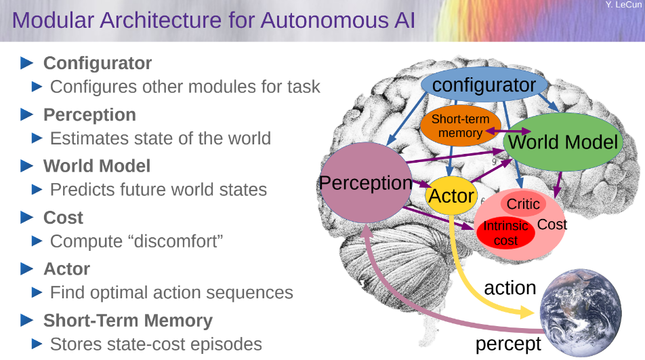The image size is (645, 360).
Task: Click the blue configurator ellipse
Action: point(484,84)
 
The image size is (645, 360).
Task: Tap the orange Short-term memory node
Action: point(460,126)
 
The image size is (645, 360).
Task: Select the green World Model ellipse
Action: point(563,142)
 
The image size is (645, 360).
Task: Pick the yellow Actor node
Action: point(451,195)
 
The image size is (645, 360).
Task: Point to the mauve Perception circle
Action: point(366,182)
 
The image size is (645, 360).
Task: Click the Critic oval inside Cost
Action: point(523,203)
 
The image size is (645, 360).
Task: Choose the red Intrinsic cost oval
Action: point(505,233)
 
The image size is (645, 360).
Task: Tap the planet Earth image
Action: point(581,313)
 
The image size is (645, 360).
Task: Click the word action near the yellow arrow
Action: point(510,287)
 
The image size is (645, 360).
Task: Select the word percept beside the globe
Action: point(508,344)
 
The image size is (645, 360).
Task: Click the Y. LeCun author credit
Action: point(623,5)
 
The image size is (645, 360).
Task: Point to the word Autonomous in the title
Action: point(324,20)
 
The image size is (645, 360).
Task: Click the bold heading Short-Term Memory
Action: point(128,321)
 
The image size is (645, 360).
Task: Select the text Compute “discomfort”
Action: point(137,241)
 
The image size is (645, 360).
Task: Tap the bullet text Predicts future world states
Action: point(159,190)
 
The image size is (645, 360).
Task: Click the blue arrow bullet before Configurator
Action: point(27,63)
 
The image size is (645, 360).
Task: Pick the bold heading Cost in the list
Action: point(64,218)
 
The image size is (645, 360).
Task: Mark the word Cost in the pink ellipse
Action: point(552,224)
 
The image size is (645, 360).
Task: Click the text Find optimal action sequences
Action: point(171,292)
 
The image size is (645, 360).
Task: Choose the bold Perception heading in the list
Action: point(89,115)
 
